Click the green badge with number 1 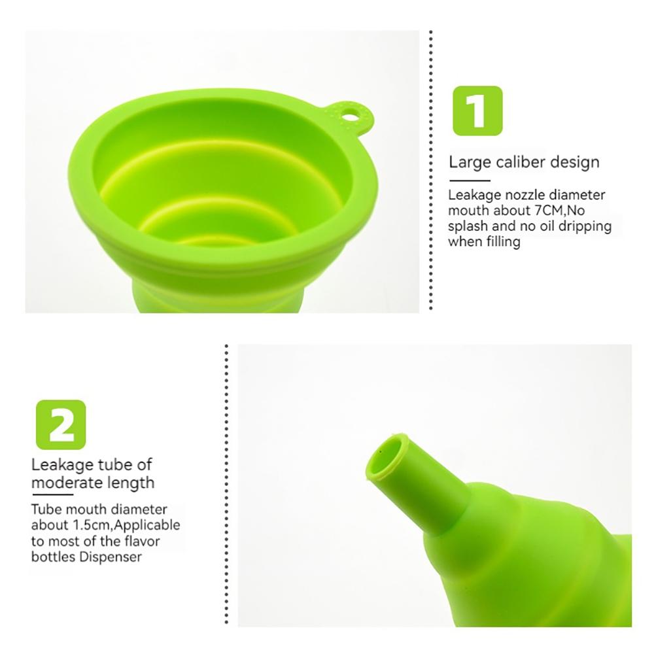tap(478, 111)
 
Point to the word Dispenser tap(109, 557)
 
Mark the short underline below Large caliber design tap(469, 179)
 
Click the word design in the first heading tap(576, 162)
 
